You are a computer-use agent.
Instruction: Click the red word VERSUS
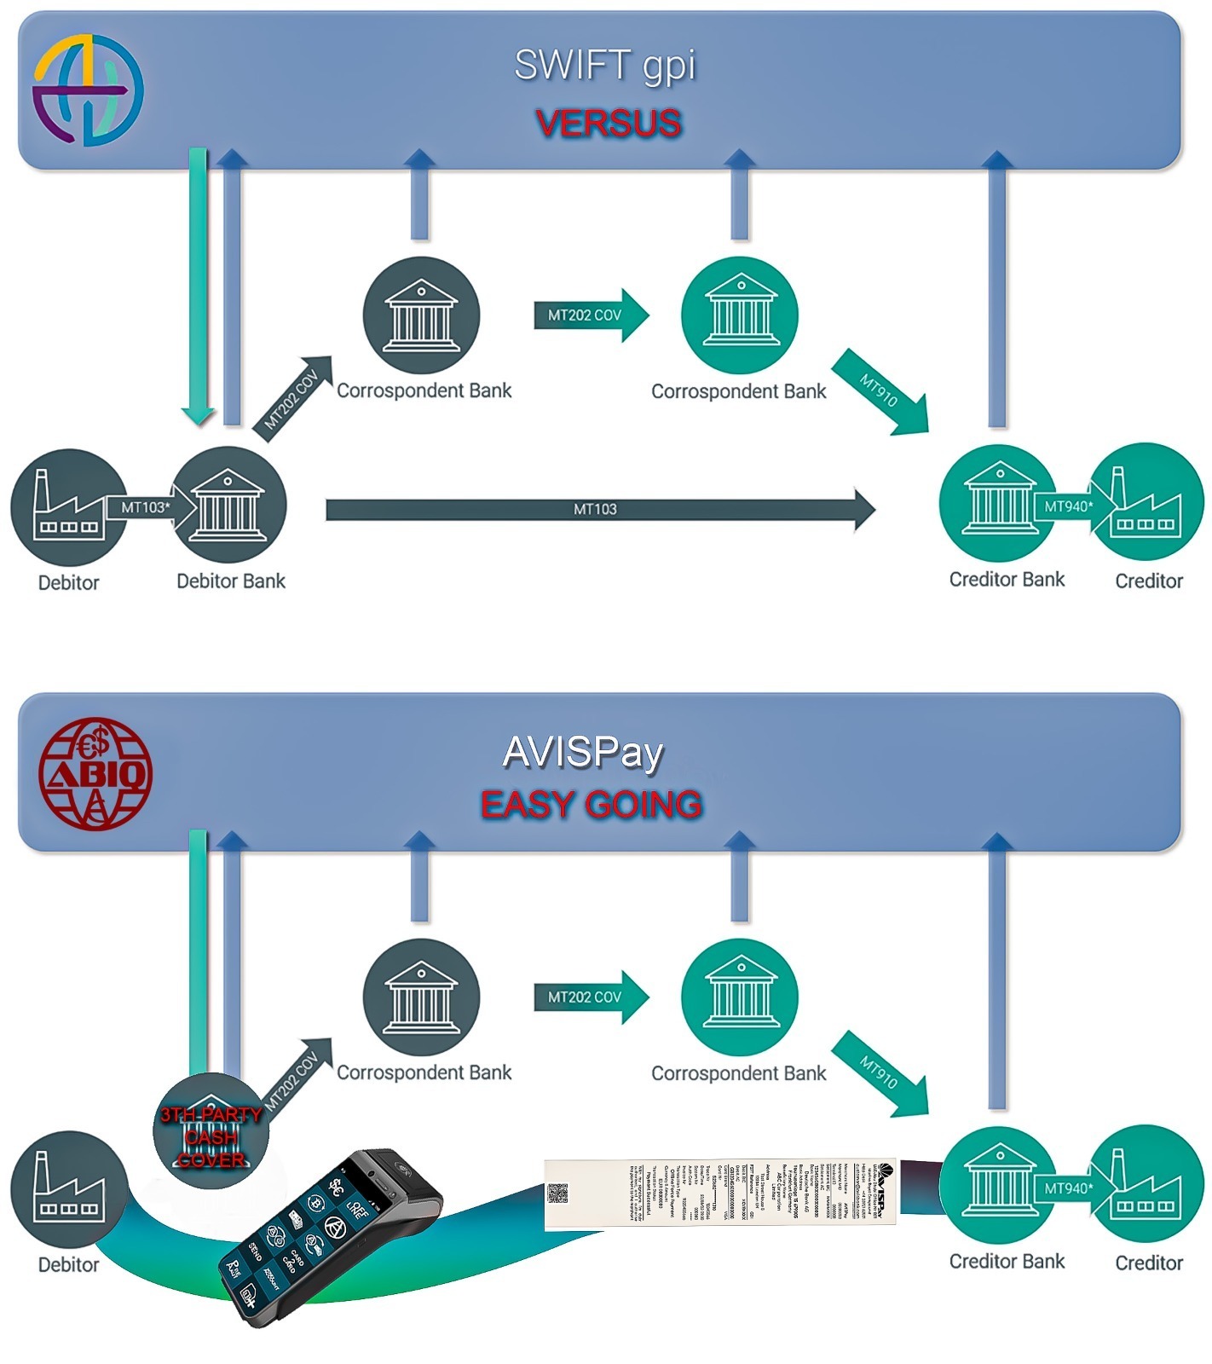609,124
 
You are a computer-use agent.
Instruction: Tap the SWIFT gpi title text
605,66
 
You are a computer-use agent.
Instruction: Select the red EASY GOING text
592,805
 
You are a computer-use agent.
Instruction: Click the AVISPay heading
583,752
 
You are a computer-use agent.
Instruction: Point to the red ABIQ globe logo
95,773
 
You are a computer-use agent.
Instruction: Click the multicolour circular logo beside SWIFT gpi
88,90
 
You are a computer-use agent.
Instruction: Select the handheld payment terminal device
332,1236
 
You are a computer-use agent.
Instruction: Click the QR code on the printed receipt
557,1193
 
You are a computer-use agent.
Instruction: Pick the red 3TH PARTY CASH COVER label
211,1137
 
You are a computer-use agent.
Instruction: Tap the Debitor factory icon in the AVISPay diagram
69,1188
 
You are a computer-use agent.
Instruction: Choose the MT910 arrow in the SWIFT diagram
880,391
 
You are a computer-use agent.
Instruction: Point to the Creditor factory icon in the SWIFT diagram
1146,502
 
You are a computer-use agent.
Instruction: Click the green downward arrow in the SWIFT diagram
198,286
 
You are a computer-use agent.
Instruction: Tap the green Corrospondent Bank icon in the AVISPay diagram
739,997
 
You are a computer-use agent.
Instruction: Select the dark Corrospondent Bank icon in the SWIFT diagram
421,315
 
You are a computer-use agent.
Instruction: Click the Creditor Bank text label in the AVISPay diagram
1007,1262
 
